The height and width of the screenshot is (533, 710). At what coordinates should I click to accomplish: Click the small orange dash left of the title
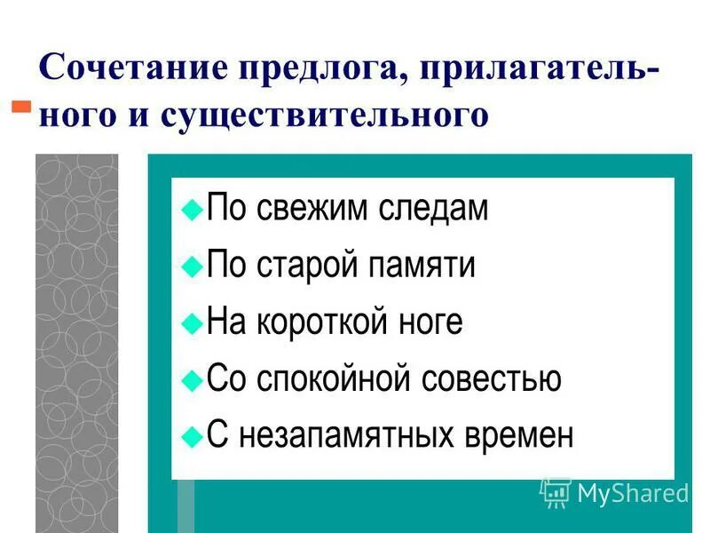[20, 107]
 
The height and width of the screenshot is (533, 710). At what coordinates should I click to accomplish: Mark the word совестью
[493, 378]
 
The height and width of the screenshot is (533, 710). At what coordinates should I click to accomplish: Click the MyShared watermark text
[633, 493]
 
